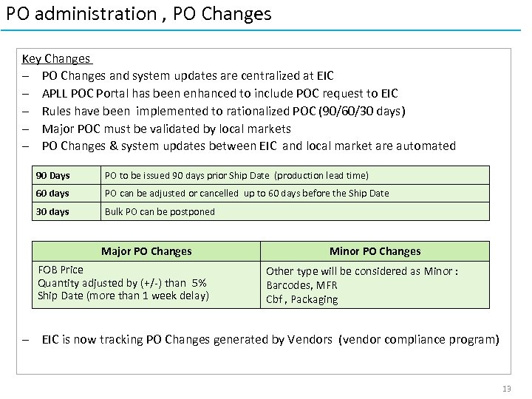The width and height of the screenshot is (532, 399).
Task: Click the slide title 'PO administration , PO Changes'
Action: coord(139,14)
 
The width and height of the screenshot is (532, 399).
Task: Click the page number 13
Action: coord(506,389)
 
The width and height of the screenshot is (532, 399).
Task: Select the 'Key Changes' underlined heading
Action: coord(56,58)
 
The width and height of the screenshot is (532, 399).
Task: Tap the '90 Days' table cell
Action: coord(52,175)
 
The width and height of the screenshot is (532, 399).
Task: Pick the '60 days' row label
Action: coord(52,193)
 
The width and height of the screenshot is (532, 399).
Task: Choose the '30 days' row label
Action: coord(52,211)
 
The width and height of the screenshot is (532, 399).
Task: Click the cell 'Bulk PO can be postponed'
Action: coord(160,211)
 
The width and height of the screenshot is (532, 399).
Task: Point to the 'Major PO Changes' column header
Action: coord(146,251)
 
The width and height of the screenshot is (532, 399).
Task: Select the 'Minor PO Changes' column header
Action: coord(375,251)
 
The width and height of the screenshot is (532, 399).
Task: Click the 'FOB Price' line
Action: coord(61,270)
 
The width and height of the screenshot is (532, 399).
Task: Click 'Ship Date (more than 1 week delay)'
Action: coord(123,296)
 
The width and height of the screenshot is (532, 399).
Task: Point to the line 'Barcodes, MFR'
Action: coord(301,285)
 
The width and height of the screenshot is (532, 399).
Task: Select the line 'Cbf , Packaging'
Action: coord(302,299)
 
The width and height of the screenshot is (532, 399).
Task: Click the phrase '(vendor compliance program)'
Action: coord(419,340)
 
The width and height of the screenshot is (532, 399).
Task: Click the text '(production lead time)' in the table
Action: coord(321,175)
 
